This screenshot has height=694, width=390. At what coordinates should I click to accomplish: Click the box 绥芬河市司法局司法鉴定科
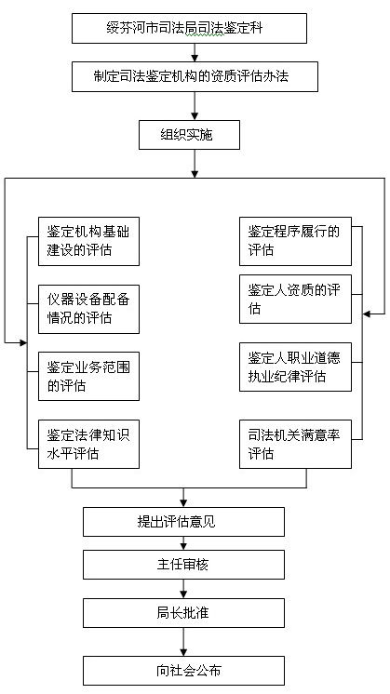(189, 28)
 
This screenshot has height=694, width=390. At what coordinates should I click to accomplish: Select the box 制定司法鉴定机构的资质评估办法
(195, 76)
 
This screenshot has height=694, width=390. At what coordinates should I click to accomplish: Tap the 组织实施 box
(190, 135)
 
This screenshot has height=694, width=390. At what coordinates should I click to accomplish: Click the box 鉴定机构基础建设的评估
(88, 241)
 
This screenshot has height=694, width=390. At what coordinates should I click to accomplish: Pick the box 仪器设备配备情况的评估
(88, 309)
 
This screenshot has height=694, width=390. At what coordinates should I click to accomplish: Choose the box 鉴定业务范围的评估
(88, 376)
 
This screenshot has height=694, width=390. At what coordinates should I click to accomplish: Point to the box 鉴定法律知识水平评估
(88, 444)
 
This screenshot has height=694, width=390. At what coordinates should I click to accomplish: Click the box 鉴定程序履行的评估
(295, 241)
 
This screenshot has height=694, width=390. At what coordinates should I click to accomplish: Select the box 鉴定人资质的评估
(295, 299)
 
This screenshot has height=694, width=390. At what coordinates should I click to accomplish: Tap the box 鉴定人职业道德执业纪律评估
(295, 367)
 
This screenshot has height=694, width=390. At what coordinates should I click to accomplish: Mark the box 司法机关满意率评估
(295, 444)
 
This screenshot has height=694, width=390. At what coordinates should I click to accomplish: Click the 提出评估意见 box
(183, 522)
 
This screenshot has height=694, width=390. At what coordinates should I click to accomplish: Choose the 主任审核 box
(183, 565)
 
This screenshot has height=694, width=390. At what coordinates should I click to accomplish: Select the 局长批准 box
(183, 613)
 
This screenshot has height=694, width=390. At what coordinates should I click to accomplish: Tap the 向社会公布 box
(183, 671)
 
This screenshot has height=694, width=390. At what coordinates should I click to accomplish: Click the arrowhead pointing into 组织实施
(195, 117)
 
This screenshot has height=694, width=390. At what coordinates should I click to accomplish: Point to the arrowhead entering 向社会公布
(183, 653)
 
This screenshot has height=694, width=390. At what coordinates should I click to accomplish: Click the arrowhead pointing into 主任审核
(183, 547)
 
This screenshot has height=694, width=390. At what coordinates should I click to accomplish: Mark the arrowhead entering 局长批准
(183, 594)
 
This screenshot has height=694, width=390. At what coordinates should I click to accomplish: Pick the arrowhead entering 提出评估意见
(183, 503)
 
